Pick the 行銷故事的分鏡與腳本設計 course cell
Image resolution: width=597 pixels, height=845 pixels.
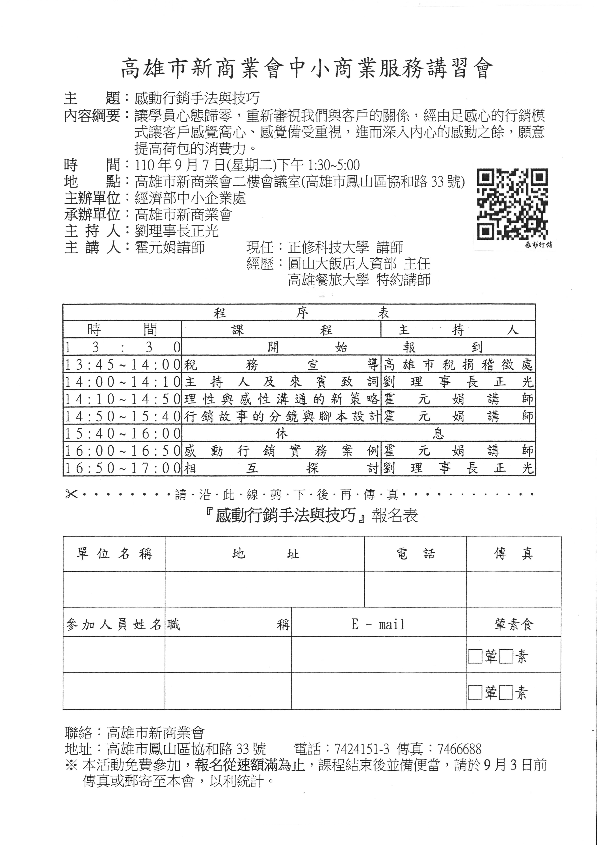(x=281, y=416)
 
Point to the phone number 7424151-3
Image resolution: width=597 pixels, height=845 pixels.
(x=362, y=749)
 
